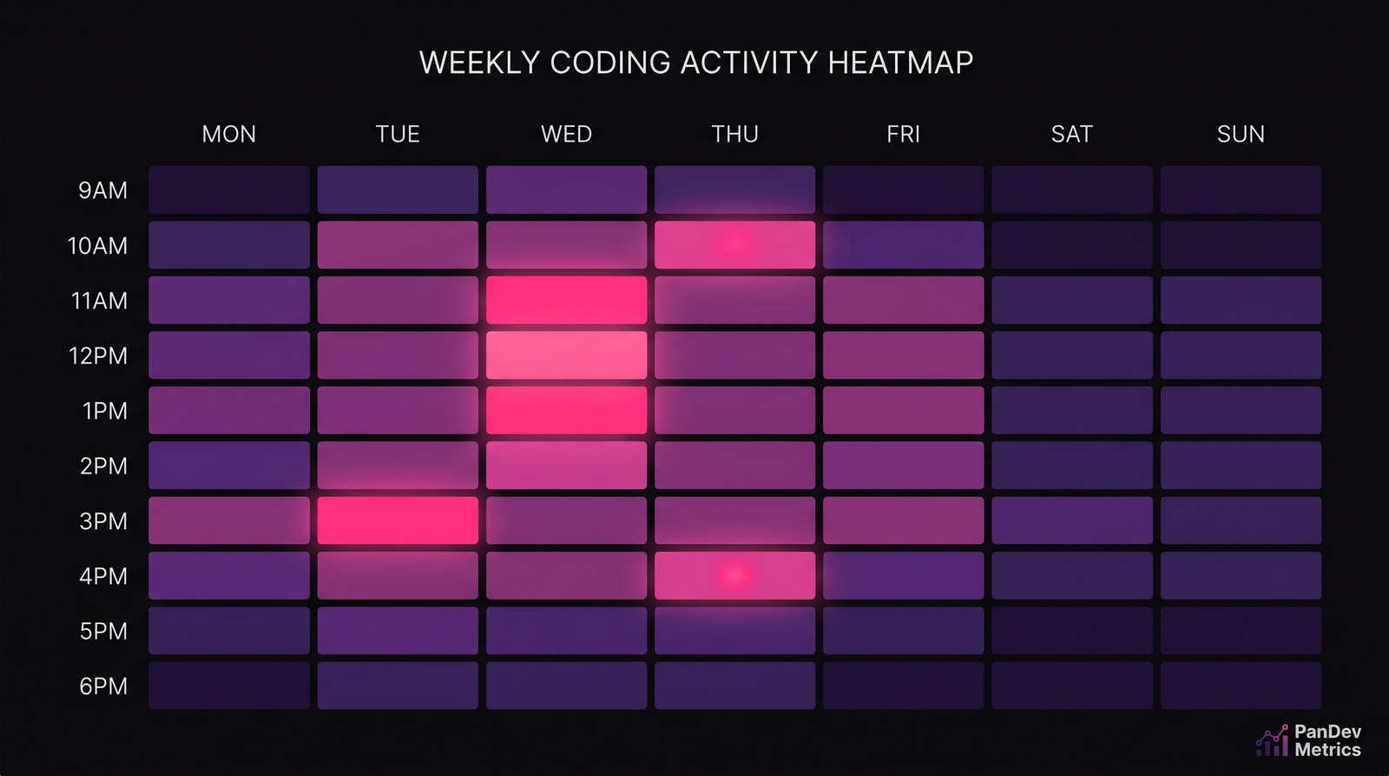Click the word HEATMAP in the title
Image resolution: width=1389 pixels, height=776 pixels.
[x=900, y=63]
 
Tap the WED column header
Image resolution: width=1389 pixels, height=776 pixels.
[x=566, y=134]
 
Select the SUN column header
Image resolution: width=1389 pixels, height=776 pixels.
[x=1241, y=134]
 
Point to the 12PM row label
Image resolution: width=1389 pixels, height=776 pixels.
[x=98, y=355]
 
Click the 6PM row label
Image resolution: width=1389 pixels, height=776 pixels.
[x=103, y=686]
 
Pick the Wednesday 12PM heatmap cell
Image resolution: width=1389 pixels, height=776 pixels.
[x=566, y=355]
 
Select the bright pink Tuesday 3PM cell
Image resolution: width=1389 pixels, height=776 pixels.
[x=398, y=520]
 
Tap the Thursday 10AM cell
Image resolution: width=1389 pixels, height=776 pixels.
[x=734, y=244]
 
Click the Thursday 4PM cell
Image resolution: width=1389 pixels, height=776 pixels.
[x=734, y=575]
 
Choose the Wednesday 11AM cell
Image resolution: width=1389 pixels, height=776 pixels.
[x=566, y=300]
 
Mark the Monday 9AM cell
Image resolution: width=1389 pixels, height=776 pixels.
[x=229, y=189]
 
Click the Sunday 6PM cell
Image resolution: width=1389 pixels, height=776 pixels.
[x=1241, y=685]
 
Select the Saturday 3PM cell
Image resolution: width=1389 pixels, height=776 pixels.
[x=1072, y=520]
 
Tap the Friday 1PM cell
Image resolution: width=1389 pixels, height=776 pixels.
[x=903, y=410]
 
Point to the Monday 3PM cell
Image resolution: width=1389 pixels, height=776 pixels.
[x=229, y=520]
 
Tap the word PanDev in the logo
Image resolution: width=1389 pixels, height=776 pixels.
[x=1327, y=732]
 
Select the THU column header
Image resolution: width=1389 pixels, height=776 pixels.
[x=734, y=134]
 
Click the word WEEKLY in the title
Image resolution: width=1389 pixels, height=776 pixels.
[x=480, y=63]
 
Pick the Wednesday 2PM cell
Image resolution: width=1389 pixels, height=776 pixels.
[x=566, y=465]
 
